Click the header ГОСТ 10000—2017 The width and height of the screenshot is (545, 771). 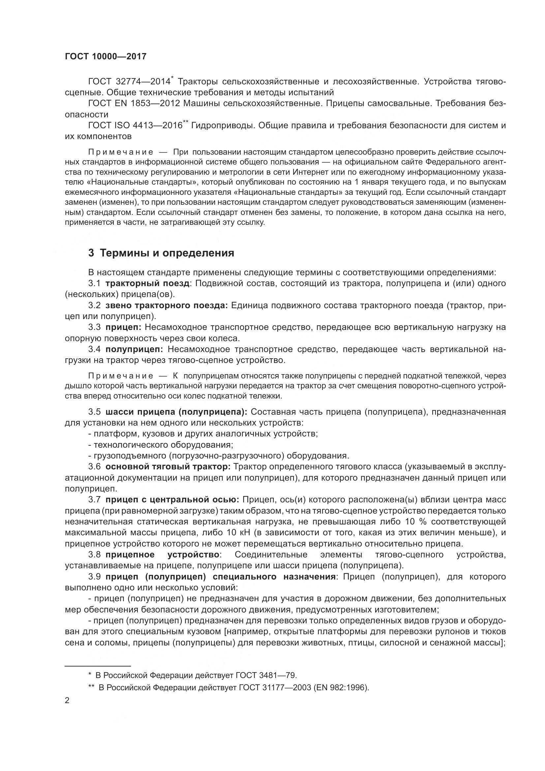[106, 56]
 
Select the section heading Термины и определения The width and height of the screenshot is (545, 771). [161, 253]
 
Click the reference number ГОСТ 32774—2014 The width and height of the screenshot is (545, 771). [129, 82]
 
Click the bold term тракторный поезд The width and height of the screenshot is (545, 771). [147, 283]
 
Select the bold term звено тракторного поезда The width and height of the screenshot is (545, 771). [167, 305]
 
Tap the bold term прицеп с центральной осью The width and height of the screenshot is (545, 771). [172, 500]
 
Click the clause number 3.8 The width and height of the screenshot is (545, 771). [95, 554]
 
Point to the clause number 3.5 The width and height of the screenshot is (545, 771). [95, 412]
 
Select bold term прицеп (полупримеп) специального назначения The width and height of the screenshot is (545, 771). [220, 577]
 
